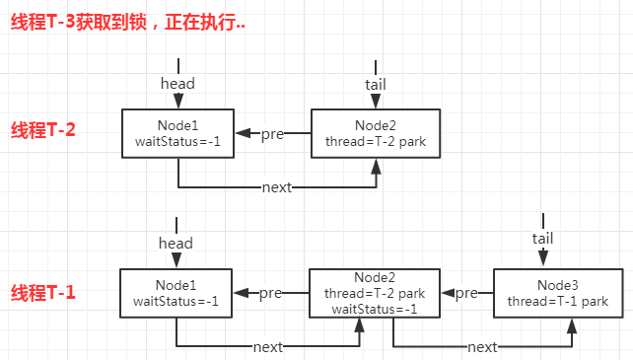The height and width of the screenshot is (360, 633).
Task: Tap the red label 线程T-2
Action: [43, 130]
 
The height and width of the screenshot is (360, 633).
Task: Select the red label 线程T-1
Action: [43, 293]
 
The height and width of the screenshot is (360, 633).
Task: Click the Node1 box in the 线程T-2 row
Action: [177, 133]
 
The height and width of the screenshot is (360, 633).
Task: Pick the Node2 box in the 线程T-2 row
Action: [375, 133]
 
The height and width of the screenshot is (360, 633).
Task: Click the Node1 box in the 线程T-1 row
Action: [176, 293]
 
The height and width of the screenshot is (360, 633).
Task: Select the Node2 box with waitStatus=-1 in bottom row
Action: [375, 293]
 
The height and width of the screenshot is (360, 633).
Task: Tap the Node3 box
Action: [558, 293]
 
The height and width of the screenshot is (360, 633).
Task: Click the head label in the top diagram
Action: [177, 84]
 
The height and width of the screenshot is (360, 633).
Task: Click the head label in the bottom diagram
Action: [176, 243]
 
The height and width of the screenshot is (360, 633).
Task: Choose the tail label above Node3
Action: [542, 238]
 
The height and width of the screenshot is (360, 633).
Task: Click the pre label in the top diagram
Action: [273, 134]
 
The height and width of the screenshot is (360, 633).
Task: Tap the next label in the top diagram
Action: [276, 187]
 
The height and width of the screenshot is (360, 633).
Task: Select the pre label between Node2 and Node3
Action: [465, 293]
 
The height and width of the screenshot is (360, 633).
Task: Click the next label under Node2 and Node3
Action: [481, 347]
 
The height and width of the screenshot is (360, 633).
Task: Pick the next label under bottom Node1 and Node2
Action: [267, 347]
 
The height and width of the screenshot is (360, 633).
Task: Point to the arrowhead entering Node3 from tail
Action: [542, 261]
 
